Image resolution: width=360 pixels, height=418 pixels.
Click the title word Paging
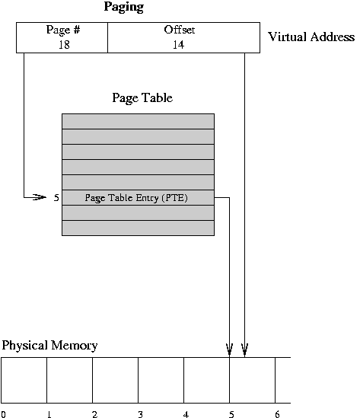coord(124,7)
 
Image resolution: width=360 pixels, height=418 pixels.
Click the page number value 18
coord(64,44)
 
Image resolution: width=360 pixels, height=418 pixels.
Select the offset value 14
coord(178,44)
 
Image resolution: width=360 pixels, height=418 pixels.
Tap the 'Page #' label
coord(63,30)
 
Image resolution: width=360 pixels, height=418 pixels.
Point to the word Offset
coord(180,30)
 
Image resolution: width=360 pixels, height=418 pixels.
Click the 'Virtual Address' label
coord(311,37)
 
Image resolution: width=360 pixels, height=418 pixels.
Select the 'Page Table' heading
coord(142,97)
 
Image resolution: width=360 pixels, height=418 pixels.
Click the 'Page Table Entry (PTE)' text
coord(136,198)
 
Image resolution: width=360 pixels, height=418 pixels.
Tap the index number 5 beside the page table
coord(56,197)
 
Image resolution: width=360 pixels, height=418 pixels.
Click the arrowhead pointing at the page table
coord(40,197)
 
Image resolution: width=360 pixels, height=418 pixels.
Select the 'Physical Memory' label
coord(49,346)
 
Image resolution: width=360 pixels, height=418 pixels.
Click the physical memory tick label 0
coord(3,414)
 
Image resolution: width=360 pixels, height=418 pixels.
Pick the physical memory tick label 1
coord(49,414)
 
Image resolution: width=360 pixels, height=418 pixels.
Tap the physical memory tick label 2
coord(94,414)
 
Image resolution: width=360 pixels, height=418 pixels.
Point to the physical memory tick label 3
coord(140,414)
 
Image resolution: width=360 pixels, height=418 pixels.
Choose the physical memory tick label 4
coord(186,414)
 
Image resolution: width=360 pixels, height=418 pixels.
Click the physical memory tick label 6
coord(277,414)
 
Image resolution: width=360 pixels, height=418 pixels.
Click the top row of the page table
coord(138,121)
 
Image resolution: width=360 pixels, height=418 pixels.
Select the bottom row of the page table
coord(138,228)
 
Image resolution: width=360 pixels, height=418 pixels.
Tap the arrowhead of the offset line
coord(244,350)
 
